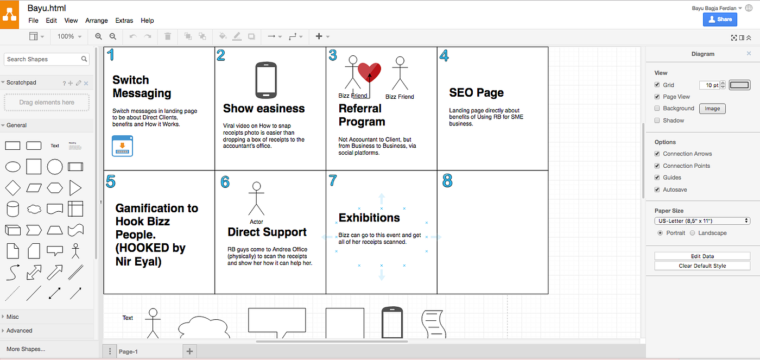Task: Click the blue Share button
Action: (720, 20)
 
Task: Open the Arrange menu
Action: (97, 20)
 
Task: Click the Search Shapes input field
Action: (47, 59)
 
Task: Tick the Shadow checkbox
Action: (657, 121)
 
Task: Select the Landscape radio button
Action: (693, 233)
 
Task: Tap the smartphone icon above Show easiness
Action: (266, 80)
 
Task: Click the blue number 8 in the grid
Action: (447, 180)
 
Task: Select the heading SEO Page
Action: (477, 92)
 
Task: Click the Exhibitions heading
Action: (369, 218)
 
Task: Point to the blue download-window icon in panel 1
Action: (122, 146)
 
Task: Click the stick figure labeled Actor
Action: (256, 199)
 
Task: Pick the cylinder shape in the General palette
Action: (13, 209)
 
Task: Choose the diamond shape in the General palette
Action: (13, 188)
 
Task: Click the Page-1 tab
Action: (128, 351)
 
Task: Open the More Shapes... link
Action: (26, 349)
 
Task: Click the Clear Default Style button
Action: (702, 266)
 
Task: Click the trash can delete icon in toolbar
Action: (168, 36)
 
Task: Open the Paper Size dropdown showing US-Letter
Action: (702, 221)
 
